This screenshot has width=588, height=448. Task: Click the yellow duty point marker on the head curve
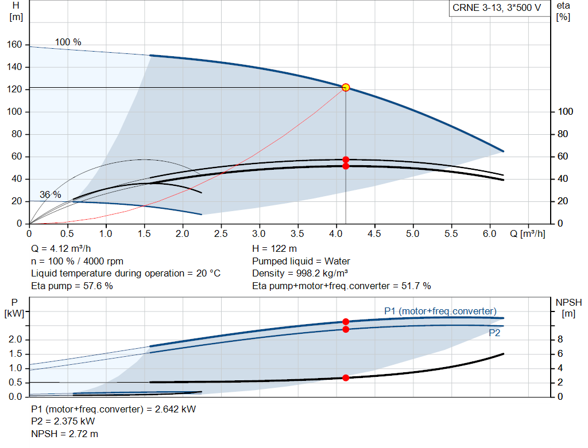click(x=346, y=87)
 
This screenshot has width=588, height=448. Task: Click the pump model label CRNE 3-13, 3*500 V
click(x=497, y=9)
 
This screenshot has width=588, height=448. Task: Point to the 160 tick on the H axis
click(x=15, y=45)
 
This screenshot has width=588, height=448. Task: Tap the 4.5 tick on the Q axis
click(x=374, y=234)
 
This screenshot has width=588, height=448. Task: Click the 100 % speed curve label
click(x=68, y=42)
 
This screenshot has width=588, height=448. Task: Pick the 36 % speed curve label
click(x=50, y=195)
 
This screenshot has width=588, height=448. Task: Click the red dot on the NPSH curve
click(x=346, y=377)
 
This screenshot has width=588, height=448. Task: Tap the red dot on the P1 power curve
click(x=346, y=322)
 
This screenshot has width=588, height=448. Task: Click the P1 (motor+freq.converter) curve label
click(x=440, y=311)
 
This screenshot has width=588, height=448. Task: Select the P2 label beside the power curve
click(x=494, y=333)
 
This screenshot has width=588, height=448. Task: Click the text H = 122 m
click(x=274, y=249)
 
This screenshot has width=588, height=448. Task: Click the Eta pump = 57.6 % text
click(x=71, y=285)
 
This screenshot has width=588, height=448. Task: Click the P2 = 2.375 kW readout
click(x=63, y=422)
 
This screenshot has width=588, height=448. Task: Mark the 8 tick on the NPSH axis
click(x=560, y=340)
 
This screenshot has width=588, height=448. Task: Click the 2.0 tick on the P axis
click(x=15, y=340)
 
